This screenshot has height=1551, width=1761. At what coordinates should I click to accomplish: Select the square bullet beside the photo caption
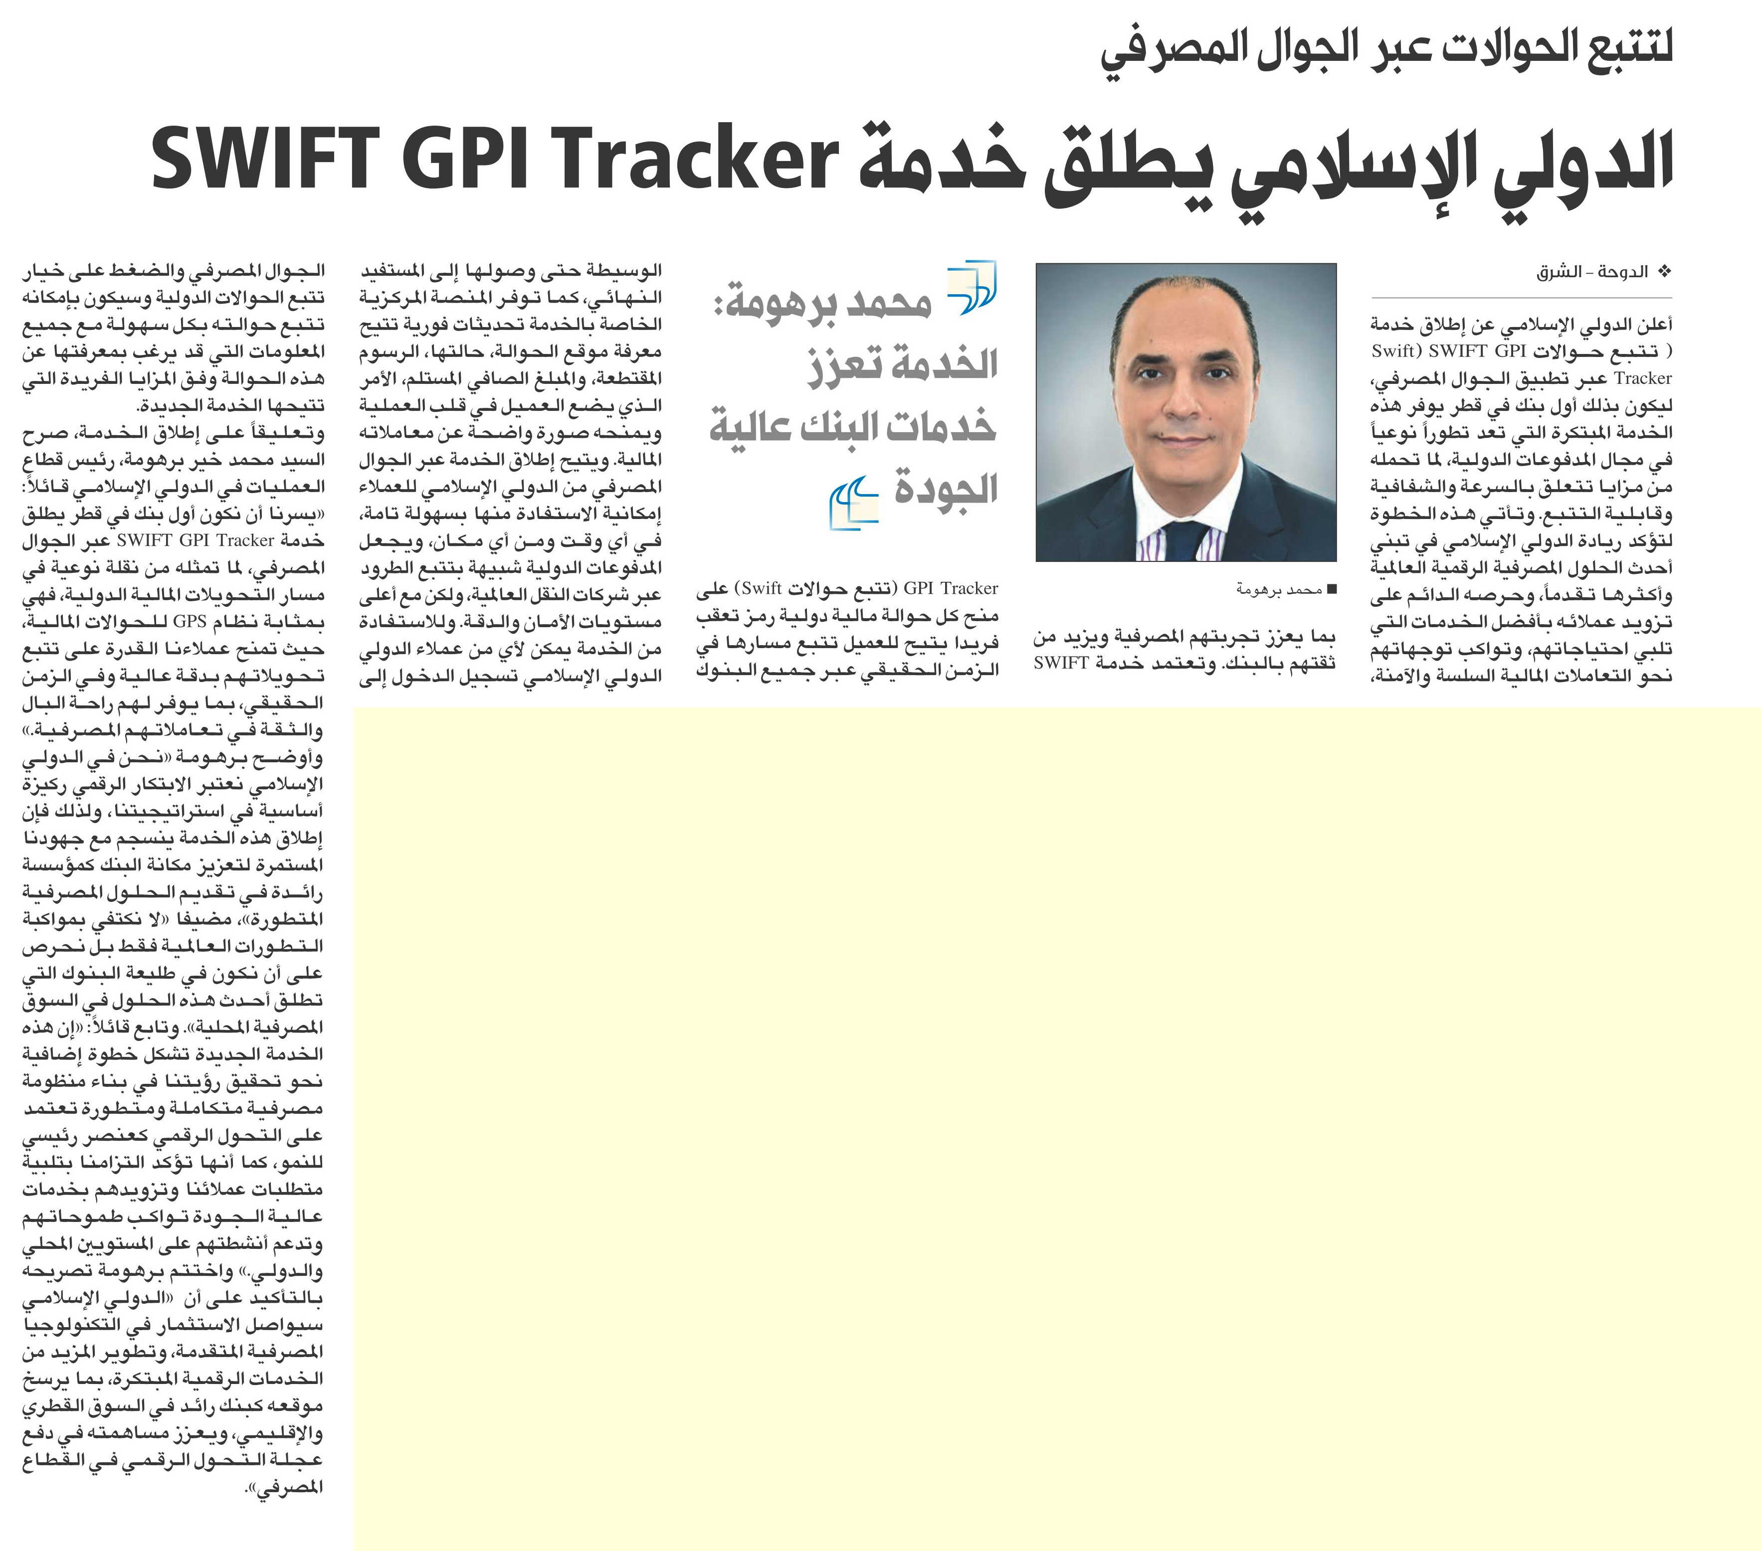coord(1331,590)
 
